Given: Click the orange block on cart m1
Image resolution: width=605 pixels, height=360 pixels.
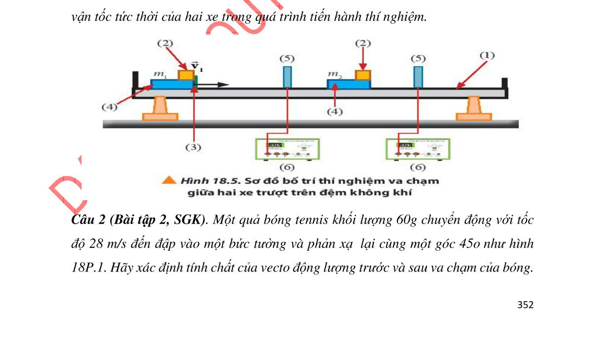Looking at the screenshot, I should click(186, 75).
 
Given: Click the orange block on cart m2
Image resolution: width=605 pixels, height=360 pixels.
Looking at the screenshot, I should click(363, 75).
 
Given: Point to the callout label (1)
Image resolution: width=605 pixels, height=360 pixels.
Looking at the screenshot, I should click(487, 55).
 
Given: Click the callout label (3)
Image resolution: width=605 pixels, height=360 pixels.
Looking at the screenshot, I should click(194, 147).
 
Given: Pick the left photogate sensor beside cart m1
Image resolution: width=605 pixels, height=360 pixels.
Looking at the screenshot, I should click(287, 77).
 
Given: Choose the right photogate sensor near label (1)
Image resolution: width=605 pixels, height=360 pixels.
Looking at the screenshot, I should click(418, 77).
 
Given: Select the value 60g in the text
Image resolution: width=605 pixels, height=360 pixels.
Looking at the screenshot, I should click(407, 221).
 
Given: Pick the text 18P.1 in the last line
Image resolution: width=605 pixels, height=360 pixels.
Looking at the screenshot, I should click(86, 268).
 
